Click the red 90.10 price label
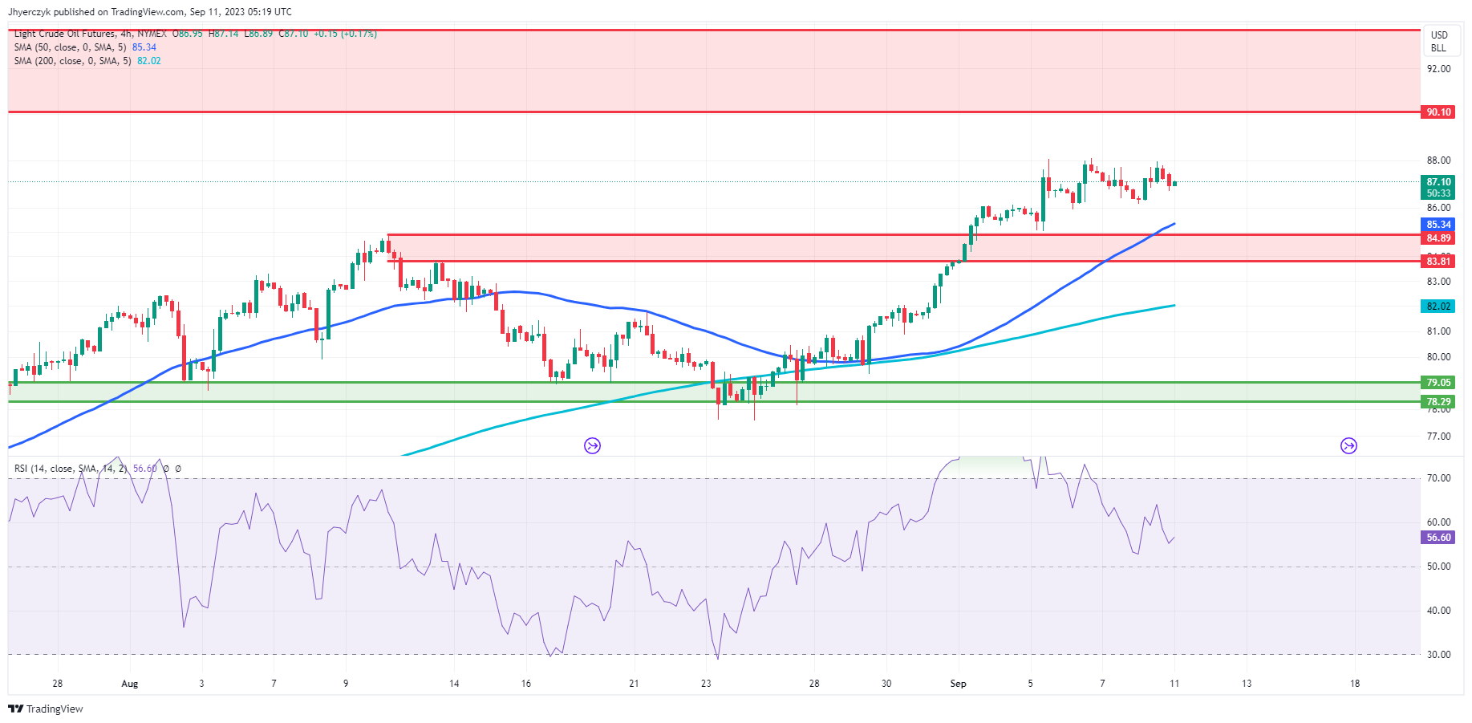coord(1438,112)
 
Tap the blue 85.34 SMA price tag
coord(1438,225)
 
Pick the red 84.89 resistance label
coord(1438,238)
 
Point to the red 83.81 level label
coord(1438,261)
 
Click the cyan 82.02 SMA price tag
coord(1438,306)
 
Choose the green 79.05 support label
coord(1438,383)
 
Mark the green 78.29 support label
coord(1438,402)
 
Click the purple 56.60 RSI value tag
coord(1438,538)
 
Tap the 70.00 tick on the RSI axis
coord(1438,478)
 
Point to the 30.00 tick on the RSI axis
coord(1438,655)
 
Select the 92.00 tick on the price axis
coord(1438,69)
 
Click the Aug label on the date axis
coord(129,684)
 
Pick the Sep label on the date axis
coord(958,684)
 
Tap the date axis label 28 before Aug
coord(57,684)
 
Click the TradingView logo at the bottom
coord(46,709)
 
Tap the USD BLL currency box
coord(1439,42)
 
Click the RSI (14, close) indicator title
coord(69,469)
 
